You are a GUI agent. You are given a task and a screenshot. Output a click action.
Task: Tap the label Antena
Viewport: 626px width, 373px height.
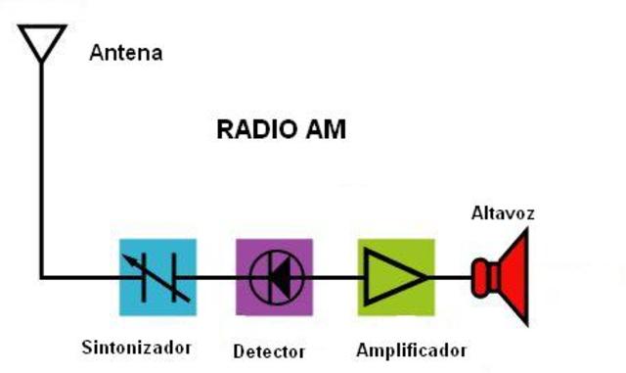(125, 52)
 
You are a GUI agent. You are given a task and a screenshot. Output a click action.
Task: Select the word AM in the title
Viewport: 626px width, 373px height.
(326, 129)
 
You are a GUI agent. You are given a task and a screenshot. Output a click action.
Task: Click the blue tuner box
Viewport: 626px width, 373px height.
(156, 277)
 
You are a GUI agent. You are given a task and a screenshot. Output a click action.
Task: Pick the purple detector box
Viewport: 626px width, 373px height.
(274, 277)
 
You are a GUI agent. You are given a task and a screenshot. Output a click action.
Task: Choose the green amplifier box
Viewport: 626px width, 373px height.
(395, 277)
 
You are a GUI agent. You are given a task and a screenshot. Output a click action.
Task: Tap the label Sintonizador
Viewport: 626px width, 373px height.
(136, 347)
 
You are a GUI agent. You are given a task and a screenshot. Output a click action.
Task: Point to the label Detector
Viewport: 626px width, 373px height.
(269, 350)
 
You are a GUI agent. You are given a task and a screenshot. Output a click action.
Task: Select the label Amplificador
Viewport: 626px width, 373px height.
(411, 350)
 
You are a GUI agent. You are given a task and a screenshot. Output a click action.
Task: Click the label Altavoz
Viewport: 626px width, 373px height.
(503, 212)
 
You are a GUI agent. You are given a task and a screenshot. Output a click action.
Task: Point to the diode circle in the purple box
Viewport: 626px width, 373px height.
(274, 277)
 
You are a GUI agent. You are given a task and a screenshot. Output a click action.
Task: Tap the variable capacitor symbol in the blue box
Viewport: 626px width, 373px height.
(156, 277)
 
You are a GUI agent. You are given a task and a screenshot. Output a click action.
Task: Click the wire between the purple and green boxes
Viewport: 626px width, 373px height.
(335, 277)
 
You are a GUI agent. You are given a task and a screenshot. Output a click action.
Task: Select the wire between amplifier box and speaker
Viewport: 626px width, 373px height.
(452, 277)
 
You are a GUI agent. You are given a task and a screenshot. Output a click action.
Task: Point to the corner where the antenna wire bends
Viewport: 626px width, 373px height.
(42, 277)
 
